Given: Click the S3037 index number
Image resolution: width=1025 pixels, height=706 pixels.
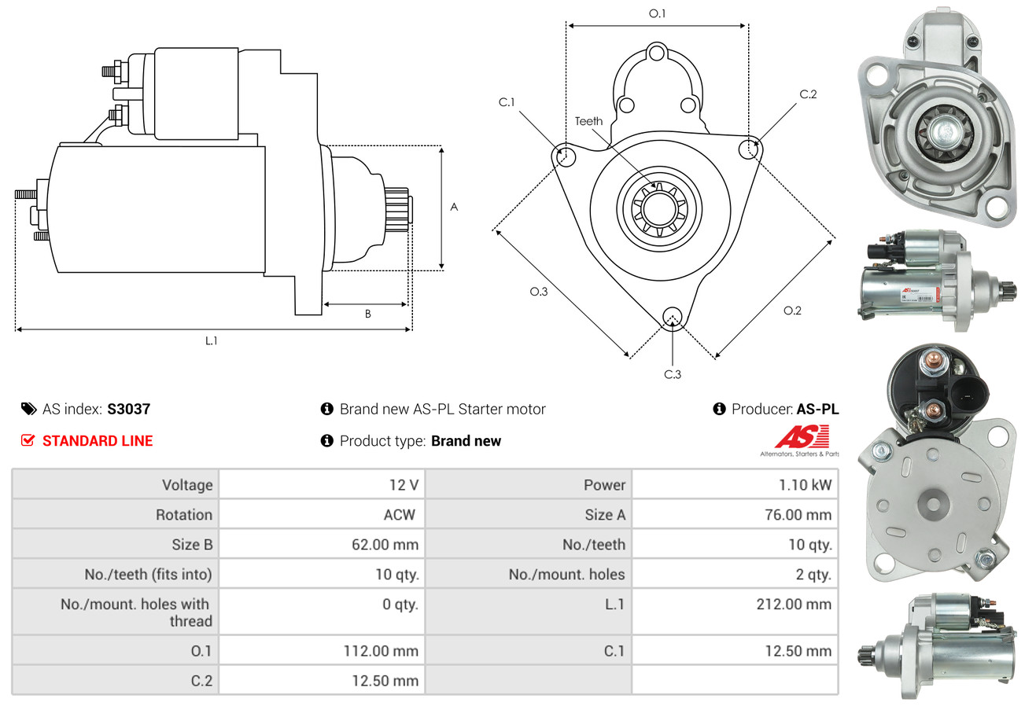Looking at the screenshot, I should [x=128, y=409].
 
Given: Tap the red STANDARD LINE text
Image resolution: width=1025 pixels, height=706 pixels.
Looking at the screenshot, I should [x=98, y=441].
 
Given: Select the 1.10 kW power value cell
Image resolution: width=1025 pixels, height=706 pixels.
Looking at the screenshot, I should [x=805, y=485].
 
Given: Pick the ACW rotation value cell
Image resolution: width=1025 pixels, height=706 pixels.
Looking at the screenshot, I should [x=398, y=515].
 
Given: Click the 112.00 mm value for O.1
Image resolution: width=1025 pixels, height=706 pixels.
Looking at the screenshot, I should [x=381, y=651].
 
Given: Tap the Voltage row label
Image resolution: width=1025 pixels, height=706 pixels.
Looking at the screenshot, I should [x=187, y=485].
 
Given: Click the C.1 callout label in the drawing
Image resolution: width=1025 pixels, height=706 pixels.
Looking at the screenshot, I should [x=507, y=102].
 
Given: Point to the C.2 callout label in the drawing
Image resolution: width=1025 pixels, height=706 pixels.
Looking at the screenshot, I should [x=808, y=94].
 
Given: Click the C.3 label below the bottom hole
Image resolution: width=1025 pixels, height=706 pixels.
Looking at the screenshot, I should [x=673, y=374].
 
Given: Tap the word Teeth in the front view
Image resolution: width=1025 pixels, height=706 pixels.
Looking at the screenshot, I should [x=588, y=121].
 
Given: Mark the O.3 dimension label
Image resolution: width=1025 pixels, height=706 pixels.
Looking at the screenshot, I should [x=538, y=292].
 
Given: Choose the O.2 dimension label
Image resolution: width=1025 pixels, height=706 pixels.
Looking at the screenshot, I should [x=792, y=311].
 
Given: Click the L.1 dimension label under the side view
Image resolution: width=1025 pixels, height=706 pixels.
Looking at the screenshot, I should [x=211, y=341].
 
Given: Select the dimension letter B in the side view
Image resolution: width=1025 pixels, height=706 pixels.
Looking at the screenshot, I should [x=367, y=314].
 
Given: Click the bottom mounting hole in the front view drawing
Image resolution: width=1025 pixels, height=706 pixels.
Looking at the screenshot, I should [x=672, y=317].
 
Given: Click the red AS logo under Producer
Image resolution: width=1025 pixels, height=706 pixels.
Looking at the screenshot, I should [x=801, y=436].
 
